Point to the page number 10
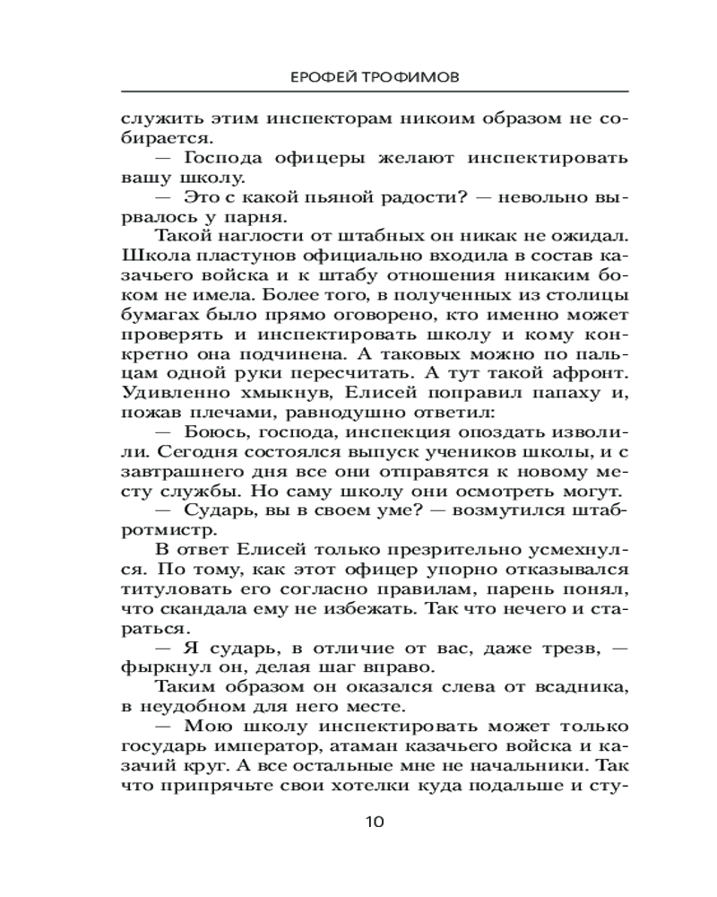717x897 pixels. click(376, 822)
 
